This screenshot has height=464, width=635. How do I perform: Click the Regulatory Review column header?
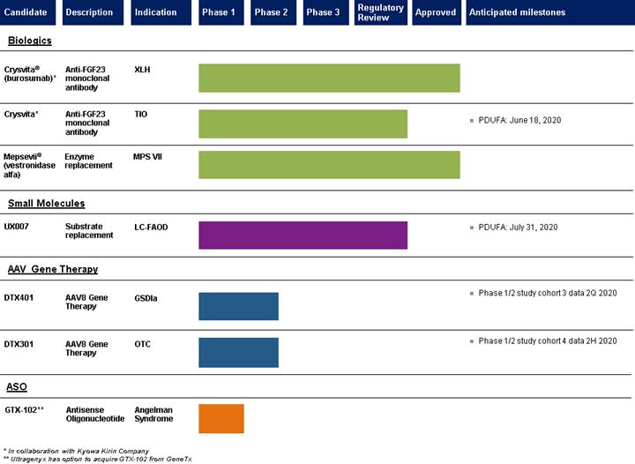point(381,12)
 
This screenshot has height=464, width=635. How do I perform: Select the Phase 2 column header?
point(273,12)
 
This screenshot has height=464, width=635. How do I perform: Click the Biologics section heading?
point(30,41)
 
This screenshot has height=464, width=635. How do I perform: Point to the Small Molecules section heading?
point(47,203)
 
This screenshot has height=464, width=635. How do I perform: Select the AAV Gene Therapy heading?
point(53,269)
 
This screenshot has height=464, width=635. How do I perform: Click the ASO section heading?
point(17,387)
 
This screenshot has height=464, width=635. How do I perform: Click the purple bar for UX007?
point(303,236)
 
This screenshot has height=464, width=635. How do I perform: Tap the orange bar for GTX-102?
point(221,419)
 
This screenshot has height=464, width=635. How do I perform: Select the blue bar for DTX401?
point(238,306)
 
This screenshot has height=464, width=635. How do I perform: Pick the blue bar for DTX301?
point(238,353)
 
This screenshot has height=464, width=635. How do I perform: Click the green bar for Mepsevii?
point(329,165)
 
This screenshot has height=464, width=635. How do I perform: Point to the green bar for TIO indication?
point(303,123)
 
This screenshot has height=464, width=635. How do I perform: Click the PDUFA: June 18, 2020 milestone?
point(516,120)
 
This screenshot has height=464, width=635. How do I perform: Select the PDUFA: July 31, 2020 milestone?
point(513,228)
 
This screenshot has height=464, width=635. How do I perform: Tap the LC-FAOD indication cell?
point(151,228)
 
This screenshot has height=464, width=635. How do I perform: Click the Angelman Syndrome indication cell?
point(153,415)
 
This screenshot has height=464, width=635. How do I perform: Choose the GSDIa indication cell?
point(146,298)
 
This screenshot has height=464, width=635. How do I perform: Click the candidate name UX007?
point(17,227)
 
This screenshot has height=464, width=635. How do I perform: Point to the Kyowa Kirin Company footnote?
point(77,451)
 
